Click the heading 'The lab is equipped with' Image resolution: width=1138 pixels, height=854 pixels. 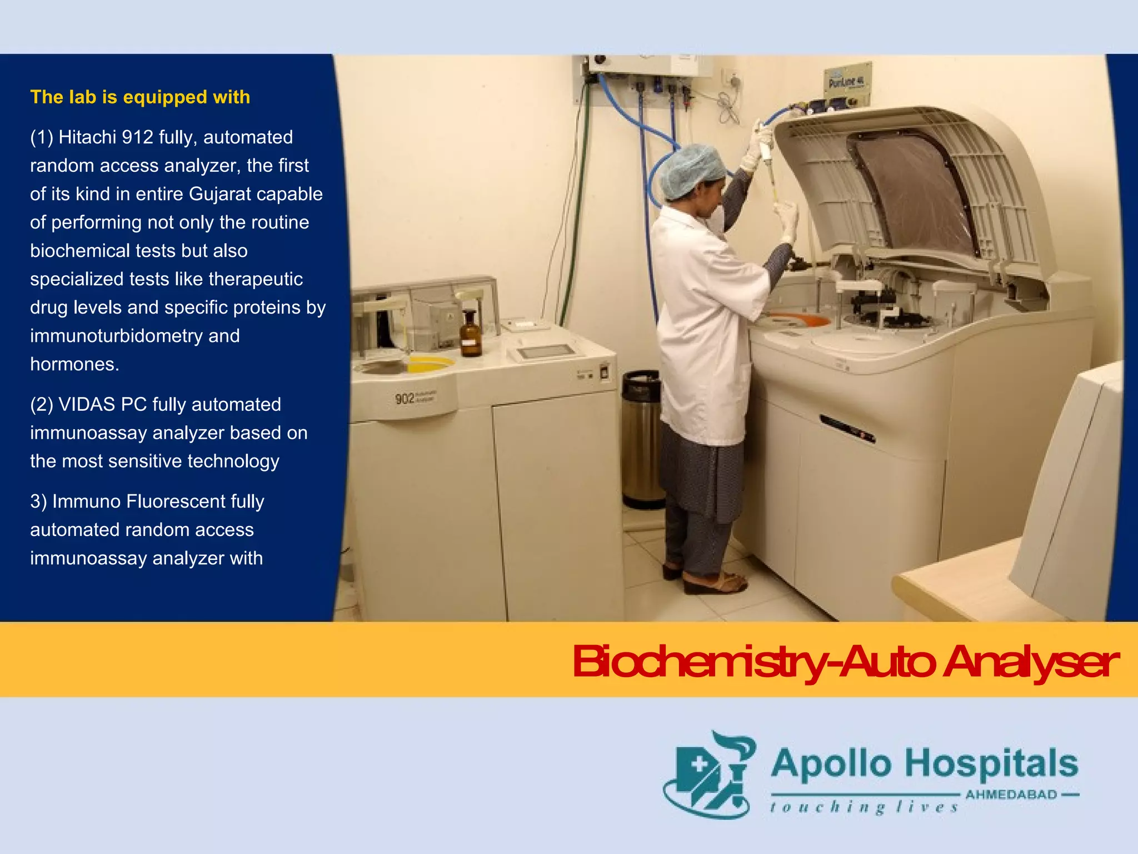[140, 97]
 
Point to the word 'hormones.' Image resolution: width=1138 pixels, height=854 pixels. [74, 364]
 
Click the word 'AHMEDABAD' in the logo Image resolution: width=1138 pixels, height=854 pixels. [1011, 795]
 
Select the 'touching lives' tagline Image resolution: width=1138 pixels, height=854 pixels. [864, 807]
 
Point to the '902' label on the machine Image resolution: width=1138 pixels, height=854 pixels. [405, 398]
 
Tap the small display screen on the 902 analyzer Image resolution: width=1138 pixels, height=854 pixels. [546, 352]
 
